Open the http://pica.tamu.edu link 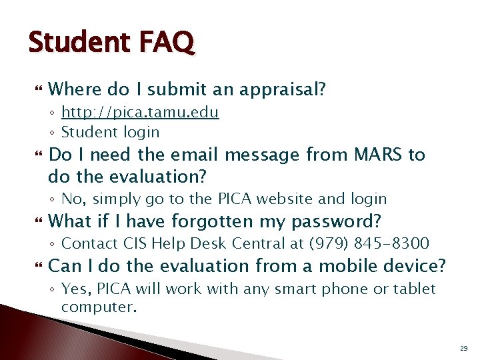(x=140, y=112)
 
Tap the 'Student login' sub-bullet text (x=110, y=132)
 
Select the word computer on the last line (x=98, y=307)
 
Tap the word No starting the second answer (x=71, y=199)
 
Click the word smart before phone (x=301, y=289)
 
